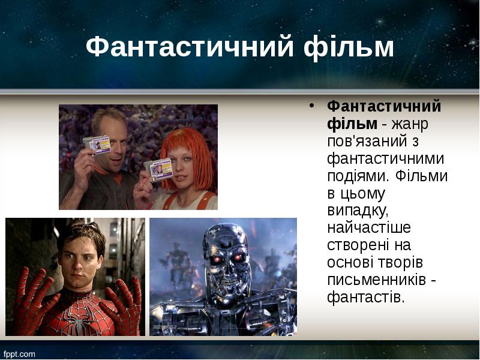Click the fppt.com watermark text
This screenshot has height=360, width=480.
point(20,354)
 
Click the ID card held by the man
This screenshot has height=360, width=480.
point(97,145)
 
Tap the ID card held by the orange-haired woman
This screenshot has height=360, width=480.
point(160,170)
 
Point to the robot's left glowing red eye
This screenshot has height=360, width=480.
point(214,258)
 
